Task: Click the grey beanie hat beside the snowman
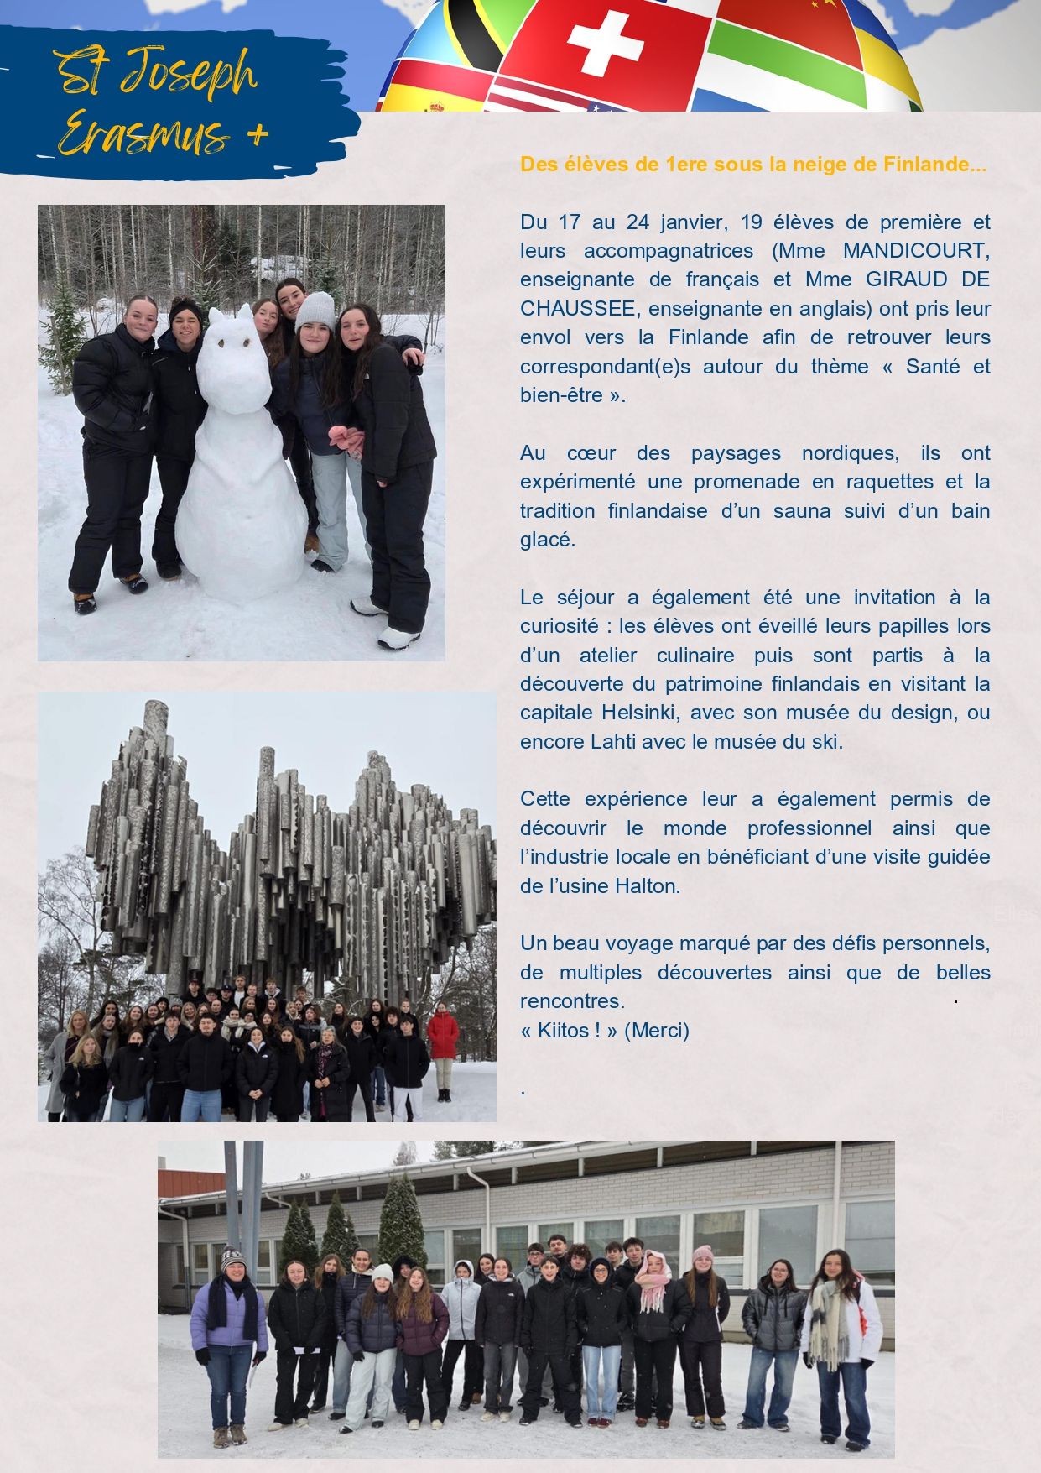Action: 315,310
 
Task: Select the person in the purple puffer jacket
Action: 228,1335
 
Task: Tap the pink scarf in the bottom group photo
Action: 652,1284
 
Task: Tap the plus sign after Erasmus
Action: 258,134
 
